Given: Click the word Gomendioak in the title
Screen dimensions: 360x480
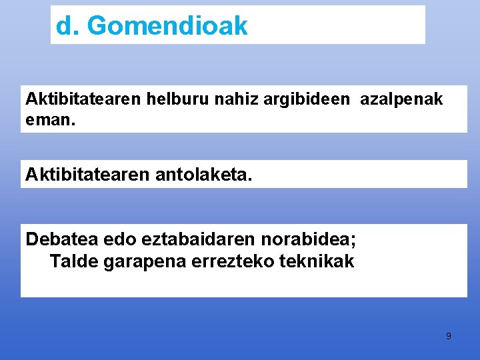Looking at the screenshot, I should [x=167, y=26].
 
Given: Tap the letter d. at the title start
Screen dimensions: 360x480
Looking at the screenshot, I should [x=67, y=26].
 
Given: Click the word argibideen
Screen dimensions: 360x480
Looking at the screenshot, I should [x=307, y=100].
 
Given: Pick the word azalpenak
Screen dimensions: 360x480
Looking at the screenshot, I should [x=401, y=100].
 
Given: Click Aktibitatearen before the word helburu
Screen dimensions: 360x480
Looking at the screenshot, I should [x=83, y=99].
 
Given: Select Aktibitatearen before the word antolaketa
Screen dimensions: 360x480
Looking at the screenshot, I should [x=83, y=175].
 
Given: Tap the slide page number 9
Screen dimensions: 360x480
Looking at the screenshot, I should [x=448, y=336].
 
